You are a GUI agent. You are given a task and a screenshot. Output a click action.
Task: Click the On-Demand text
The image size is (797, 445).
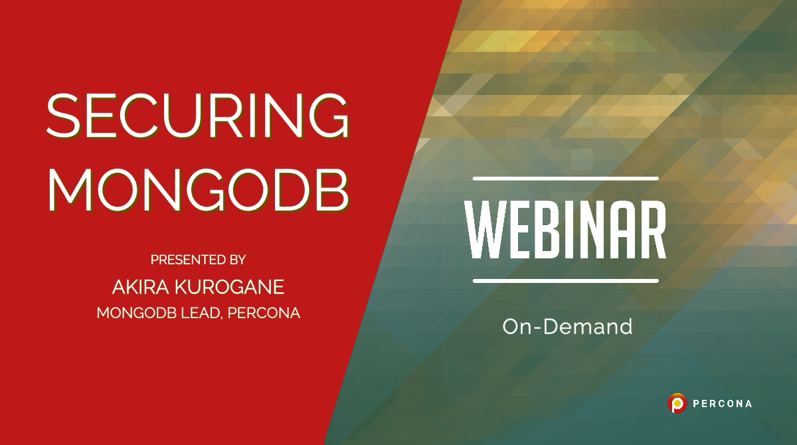pyautogui.click(x=567, y=326)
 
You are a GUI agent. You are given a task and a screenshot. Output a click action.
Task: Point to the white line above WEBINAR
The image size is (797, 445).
pyautogui.click(x=565, y=178)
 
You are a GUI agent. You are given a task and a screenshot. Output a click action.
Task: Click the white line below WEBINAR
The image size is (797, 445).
pyautogui.click(x=565, y=281)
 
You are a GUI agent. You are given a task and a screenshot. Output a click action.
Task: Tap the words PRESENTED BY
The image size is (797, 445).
pyautogui.click(x=198, y=260)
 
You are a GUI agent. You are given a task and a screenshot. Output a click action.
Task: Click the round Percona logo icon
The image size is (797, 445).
pyautogui.click(x=677, y=403)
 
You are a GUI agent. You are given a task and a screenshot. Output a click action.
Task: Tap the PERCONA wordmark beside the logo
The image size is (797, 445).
pyautogui.click(x=723, y=403)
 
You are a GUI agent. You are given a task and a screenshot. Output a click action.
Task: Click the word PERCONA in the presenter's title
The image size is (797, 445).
pyautogui.click(x=264, y=313)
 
